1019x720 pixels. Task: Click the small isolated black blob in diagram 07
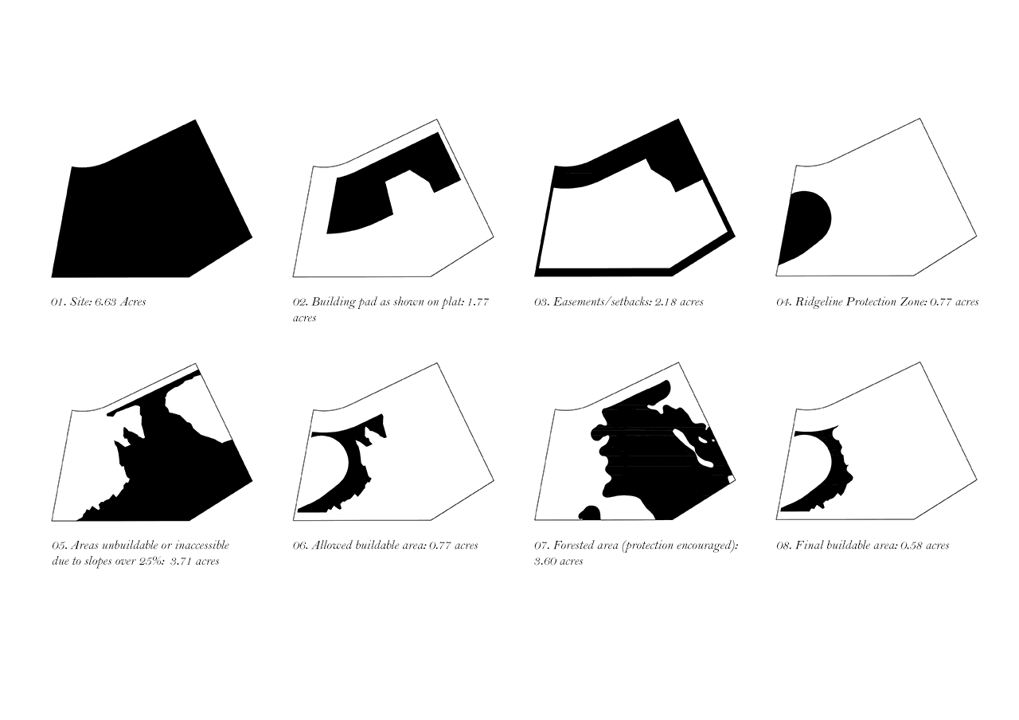pos(590,513)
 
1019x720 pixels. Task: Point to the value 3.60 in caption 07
pos(546,562)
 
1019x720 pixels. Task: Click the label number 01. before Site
pos(58,302)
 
